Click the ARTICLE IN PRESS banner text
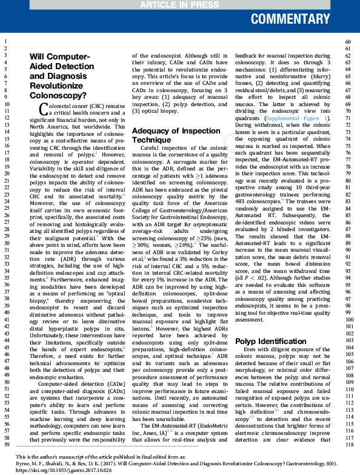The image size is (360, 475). [180, 5]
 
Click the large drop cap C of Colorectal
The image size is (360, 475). [43, 110]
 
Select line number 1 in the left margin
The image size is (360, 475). [4, 42]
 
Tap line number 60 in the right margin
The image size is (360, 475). [348, 42]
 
